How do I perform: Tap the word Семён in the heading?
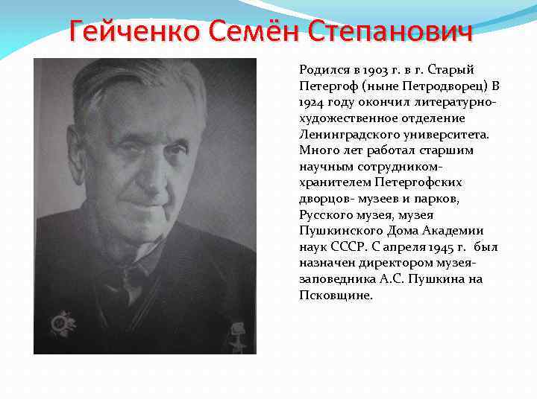point(243,33)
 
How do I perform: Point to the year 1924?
point(311,102)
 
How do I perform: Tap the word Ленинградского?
point(340,134)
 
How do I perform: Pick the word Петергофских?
point(421,182)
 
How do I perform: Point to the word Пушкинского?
point(333,231)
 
